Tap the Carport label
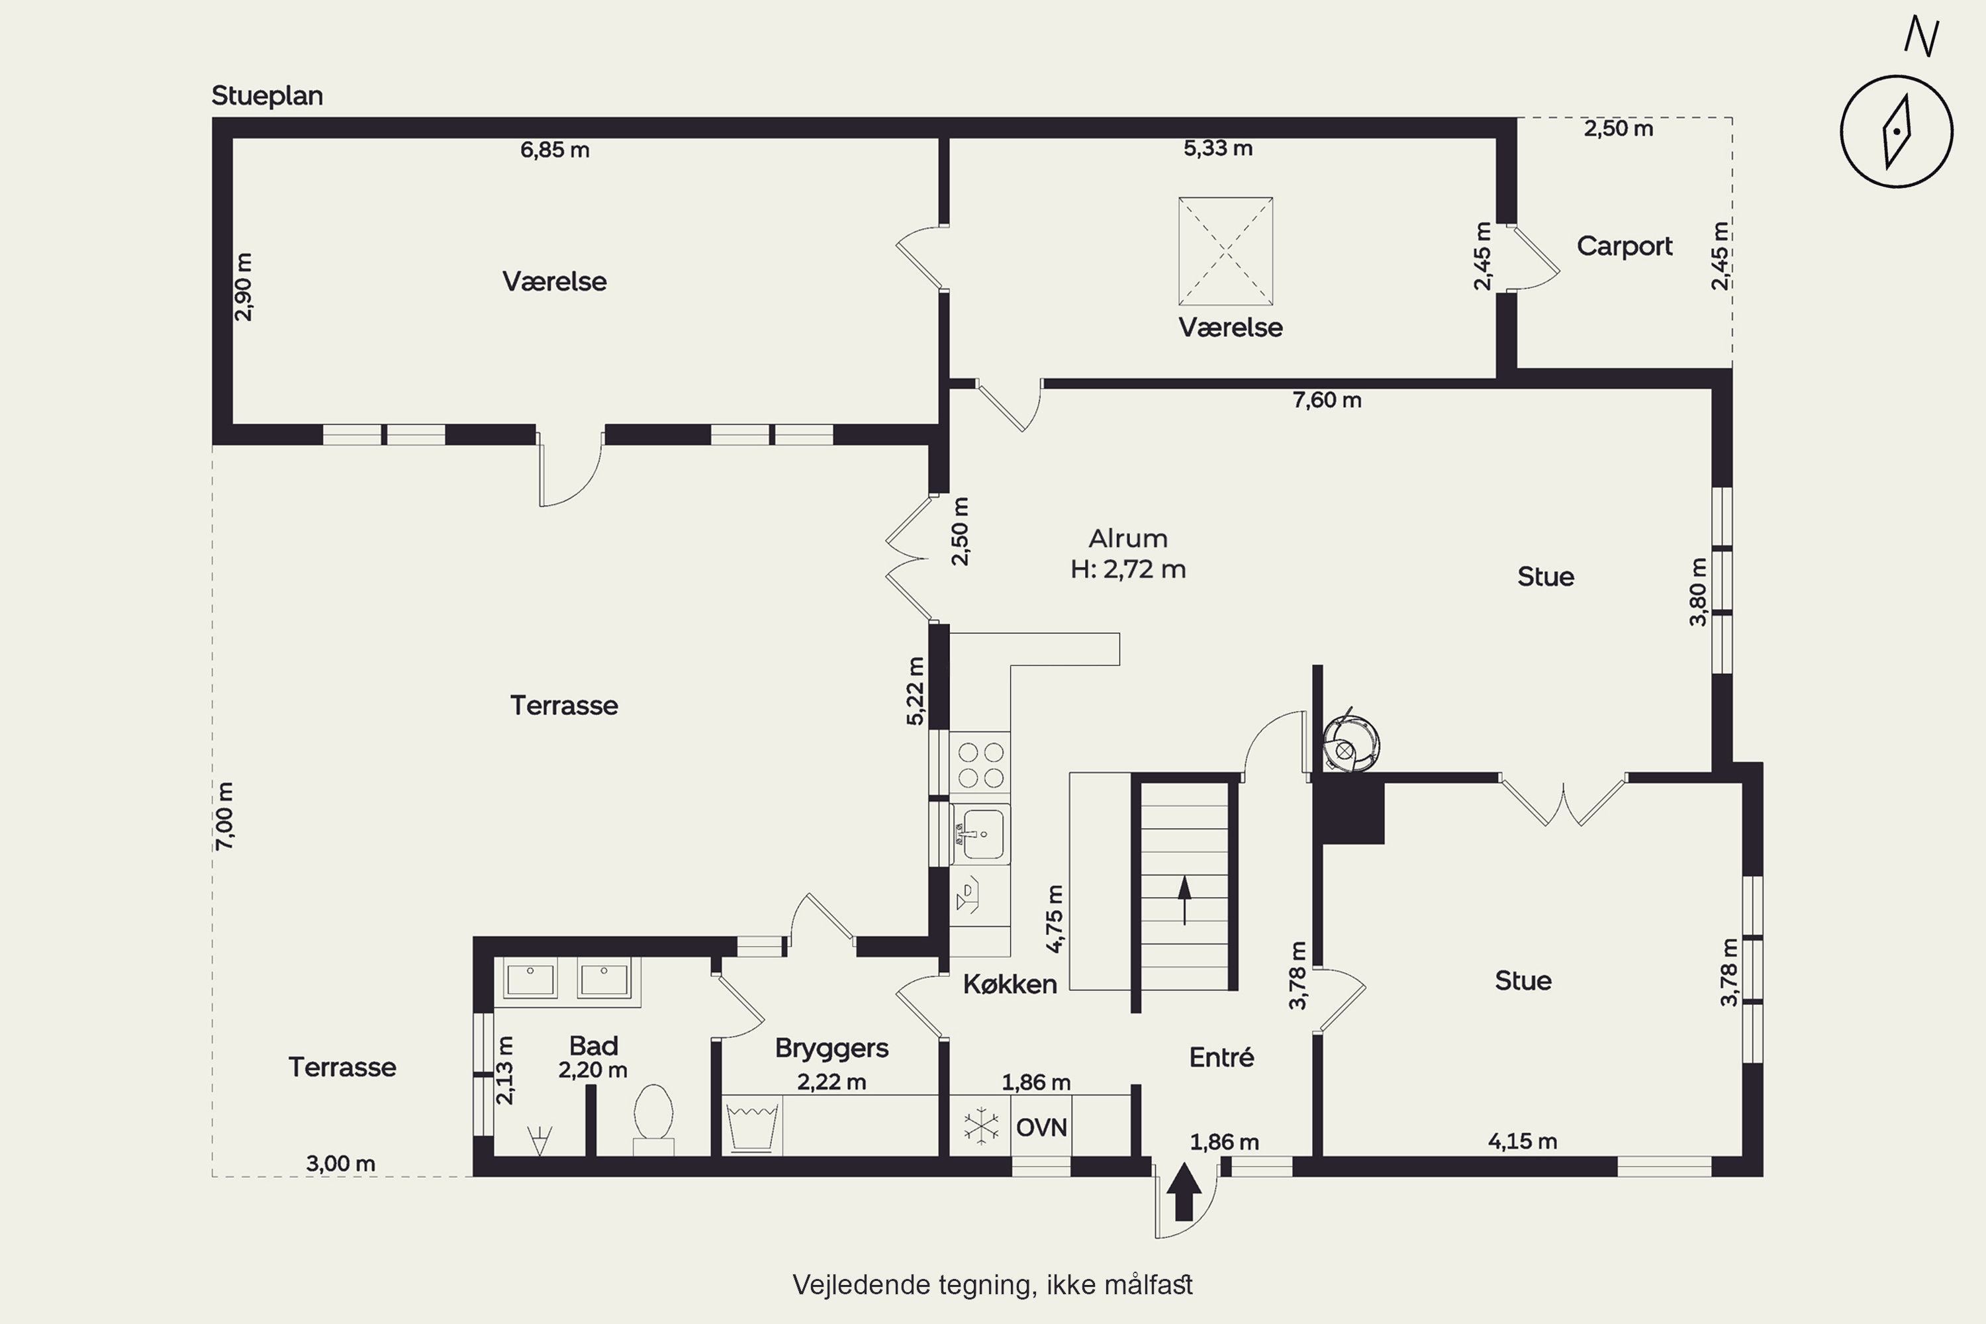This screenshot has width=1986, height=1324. coord(1624,246)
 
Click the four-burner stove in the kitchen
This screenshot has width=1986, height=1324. coord(980,764)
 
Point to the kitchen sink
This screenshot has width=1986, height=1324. coord(982,834)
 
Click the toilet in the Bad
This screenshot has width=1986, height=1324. coord(653,1119)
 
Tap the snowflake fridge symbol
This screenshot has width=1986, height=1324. coord(980,1127)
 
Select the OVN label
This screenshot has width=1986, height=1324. coord(1041,1127)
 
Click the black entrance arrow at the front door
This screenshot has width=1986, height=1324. coord(1184,1192)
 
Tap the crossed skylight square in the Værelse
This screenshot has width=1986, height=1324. coord(1225,251)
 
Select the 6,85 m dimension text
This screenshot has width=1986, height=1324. coord(555,150)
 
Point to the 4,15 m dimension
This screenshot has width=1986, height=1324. coord(1523,1141)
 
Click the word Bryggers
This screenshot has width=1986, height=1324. coord(831,1049)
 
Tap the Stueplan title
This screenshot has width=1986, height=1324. coord(267,96)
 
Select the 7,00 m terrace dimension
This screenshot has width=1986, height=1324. coord(224,816)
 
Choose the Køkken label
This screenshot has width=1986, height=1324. coord(1010,984)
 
